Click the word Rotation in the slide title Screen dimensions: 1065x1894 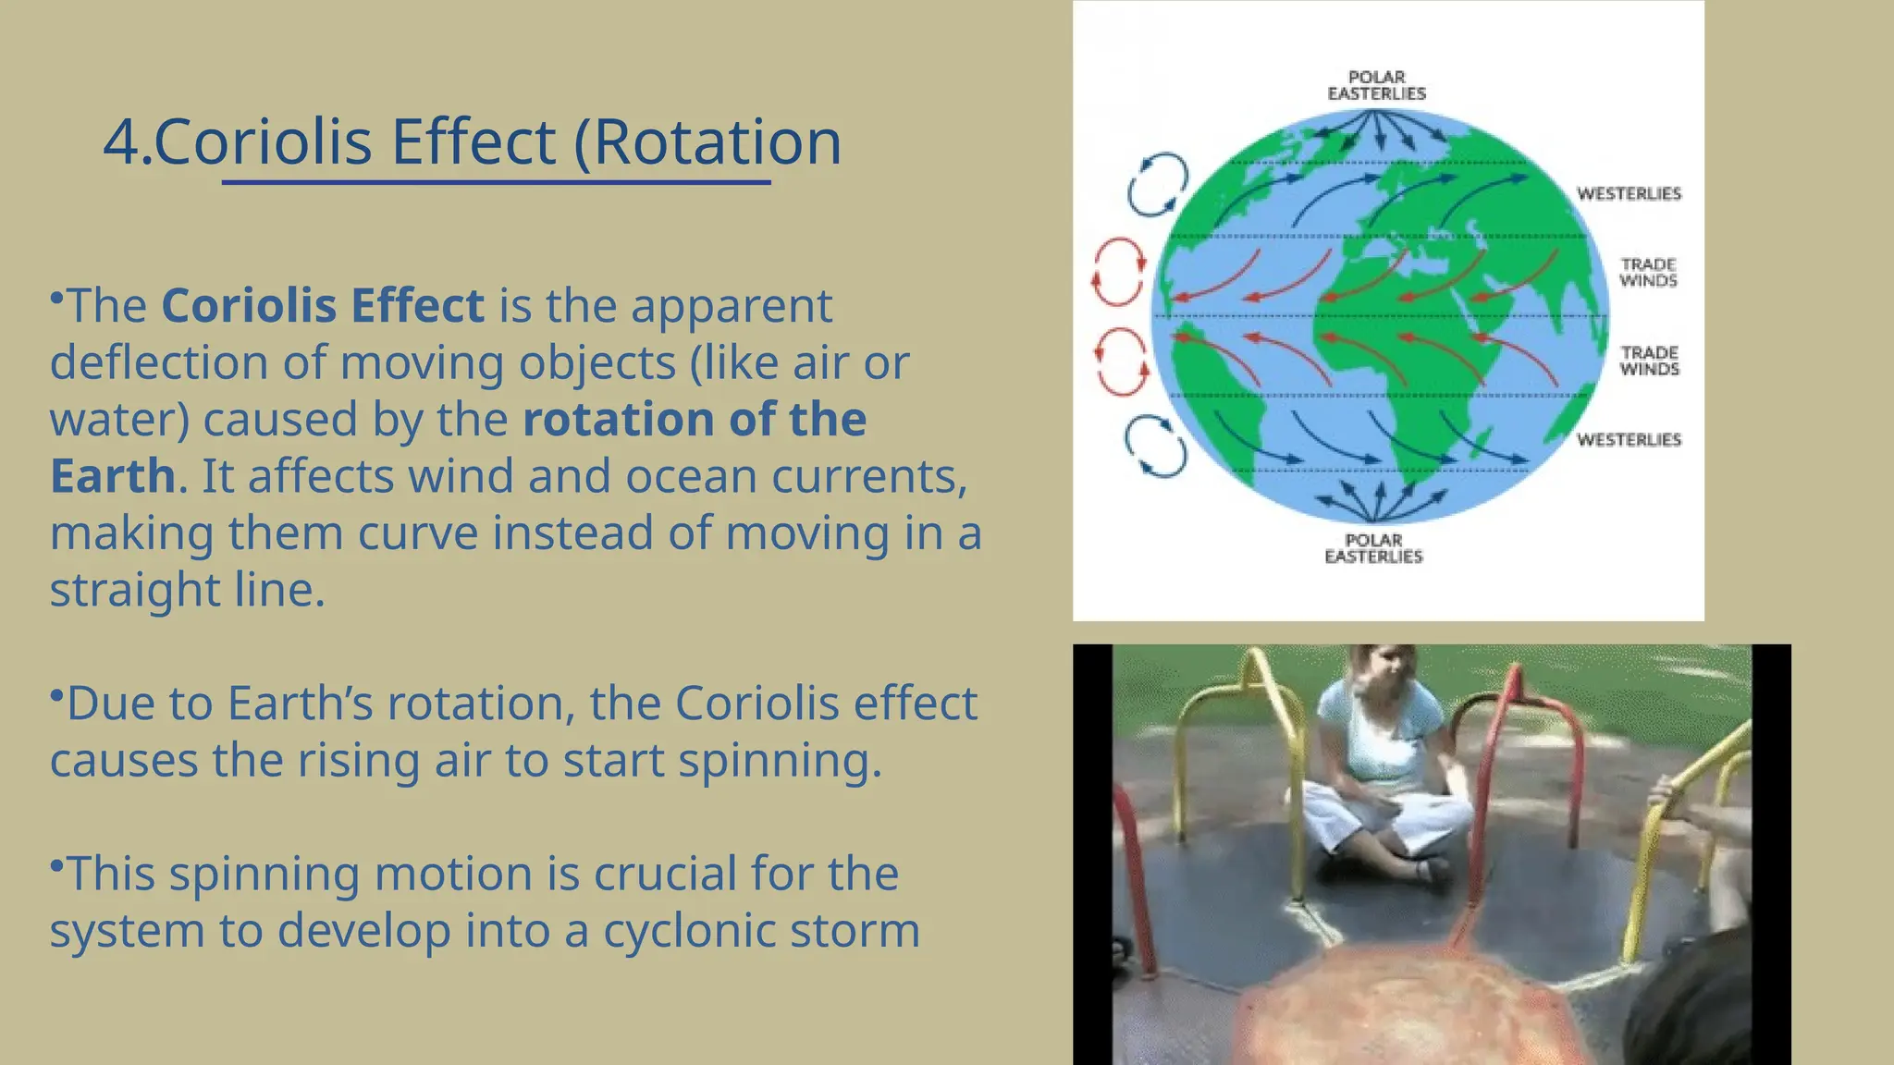[x=717, y=143]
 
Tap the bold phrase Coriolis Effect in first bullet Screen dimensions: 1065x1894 [x=323, y=306]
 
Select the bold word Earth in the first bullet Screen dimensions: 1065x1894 [x=112, y=477]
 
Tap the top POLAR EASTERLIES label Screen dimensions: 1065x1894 [x=1376, y=85]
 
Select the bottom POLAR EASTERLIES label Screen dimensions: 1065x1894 [x=1373, y=548]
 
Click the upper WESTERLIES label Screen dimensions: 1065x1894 [x=1629, y=193]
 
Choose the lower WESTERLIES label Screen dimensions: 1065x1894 [x=1629, y=440]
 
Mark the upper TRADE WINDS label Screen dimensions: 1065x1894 [x=1648, y=273]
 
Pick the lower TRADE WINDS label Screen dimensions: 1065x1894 [x=1649, y=361]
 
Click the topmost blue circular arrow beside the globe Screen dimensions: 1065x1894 [x=1157, y=185]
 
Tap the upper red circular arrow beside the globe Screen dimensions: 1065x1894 [x=1119, y=272]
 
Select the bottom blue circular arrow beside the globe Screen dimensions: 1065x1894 [x=1156, y=447]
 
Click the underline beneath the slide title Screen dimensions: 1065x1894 [x=496, y=183]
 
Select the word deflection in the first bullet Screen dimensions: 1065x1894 [x=158, y=363]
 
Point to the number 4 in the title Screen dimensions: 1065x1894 [x=119, y=143]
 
